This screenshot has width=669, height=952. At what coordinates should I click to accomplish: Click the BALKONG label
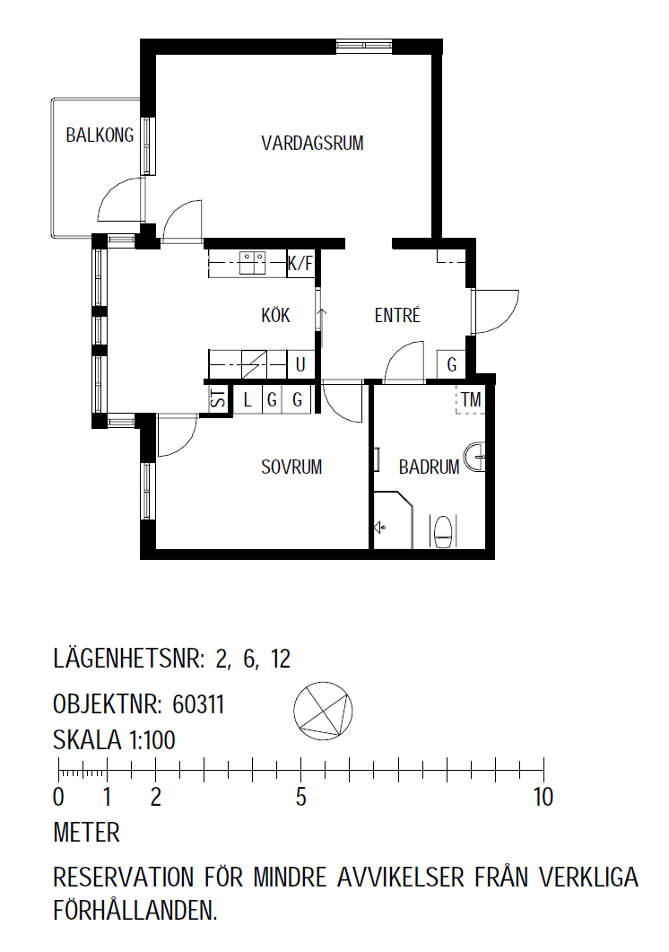pos(100,135)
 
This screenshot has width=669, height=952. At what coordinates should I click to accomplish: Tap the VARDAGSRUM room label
pos(312,144)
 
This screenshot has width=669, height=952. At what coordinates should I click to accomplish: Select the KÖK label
pos(275,315)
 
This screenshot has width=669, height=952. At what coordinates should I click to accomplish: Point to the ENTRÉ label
pos(397,315)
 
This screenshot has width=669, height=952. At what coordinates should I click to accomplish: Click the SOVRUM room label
pos(291,467)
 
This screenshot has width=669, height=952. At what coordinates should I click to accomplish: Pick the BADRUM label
pos(429,467)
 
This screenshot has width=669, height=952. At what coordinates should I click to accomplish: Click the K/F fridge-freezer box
pos(300,264)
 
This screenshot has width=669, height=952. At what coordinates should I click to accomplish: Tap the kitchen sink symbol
pos(254,263)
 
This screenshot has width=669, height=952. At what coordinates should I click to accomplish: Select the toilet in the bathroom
pos(445,531)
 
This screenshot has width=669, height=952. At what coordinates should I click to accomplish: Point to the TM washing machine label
pos(471,400)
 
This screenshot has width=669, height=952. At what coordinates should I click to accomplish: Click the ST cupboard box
pos(219,399)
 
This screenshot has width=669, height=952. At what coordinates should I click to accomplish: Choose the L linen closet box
pos(248,400)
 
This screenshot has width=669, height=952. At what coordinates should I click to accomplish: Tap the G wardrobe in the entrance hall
pos(451,364)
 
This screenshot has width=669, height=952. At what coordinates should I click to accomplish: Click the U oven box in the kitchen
pos(300,364)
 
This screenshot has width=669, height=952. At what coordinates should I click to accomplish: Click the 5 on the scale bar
pos(301,797)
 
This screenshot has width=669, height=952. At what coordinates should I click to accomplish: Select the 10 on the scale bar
pos(543,797)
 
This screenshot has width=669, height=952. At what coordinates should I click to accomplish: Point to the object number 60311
pos(198,704)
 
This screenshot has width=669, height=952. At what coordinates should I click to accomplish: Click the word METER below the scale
pos(87,833)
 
